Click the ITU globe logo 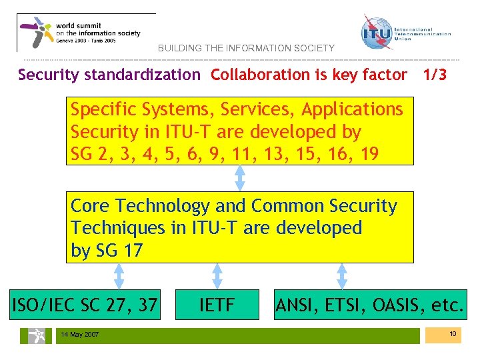(377, 33)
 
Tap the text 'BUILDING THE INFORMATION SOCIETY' (246, 48)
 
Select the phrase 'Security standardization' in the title (109, 75)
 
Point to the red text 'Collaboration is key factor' (309, 75)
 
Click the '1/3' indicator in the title (435, 75)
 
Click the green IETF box (217, 305)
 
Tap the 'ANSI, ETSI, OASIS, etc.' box (370, 305)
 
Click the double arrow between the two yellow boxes (240, 178)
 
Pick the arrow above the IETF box (217, 276)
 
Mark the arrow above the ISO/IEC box (119, 276)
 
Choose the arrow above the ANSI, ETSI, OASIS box (342, 276)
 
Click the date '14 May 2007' (79, 334)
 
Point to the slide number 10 (452, 333)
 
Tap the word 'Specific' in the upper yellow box (103, 109)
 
